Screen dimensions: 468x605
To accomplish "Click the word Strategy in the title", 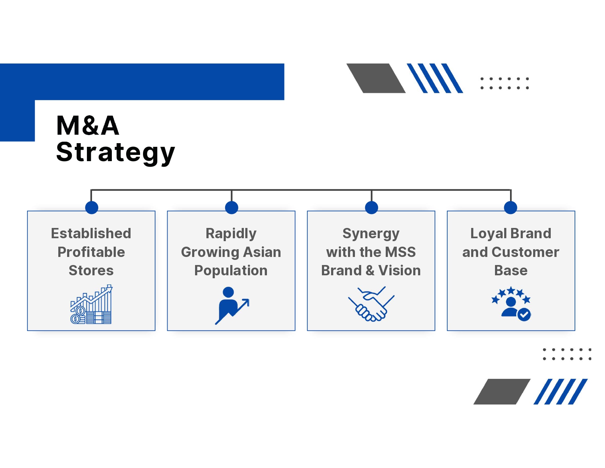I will click(x=115, y=152).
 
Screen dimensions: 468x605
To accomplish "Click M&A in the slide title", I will click(x=88, y=126).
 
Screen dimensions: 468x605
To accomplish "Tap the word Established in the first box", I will click(x=91, y=233).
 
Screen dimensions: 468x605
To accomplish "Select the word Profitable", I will click(x=91, y=252).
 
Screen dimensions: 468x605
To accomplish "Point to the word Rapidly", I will click(x=231, y=233).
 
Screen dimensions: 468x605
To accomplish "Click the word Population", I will click(x=231, y=271).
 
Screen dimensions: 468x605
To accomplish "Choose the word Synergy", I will click(x=371, y=233).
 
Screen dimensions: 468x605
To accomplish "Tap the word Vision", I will click(x=400, y=271).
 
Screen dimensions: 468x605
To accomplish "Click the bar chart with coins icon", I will click(x=91, y=304).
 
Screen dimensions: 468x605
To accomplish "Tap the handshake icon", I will click(x=371, y=304).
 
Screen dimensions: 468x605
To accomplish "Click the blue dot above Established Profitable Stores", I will click(x=92, y=207).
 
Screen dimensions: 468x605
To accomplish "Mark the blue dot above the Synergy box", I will click(x=371, y=207).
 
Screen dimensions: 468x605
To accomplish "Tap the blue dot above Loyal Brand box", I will click(x=510, y=207).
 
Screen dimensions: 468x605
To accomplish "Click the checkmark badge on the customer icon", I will click(x=524, y=315).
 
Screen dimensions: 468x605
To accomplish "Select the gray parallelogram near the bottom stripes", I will click(x=502, y=392).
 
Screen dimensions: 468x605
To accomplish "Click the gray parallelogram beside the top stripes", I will click(x=376, y=78).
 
